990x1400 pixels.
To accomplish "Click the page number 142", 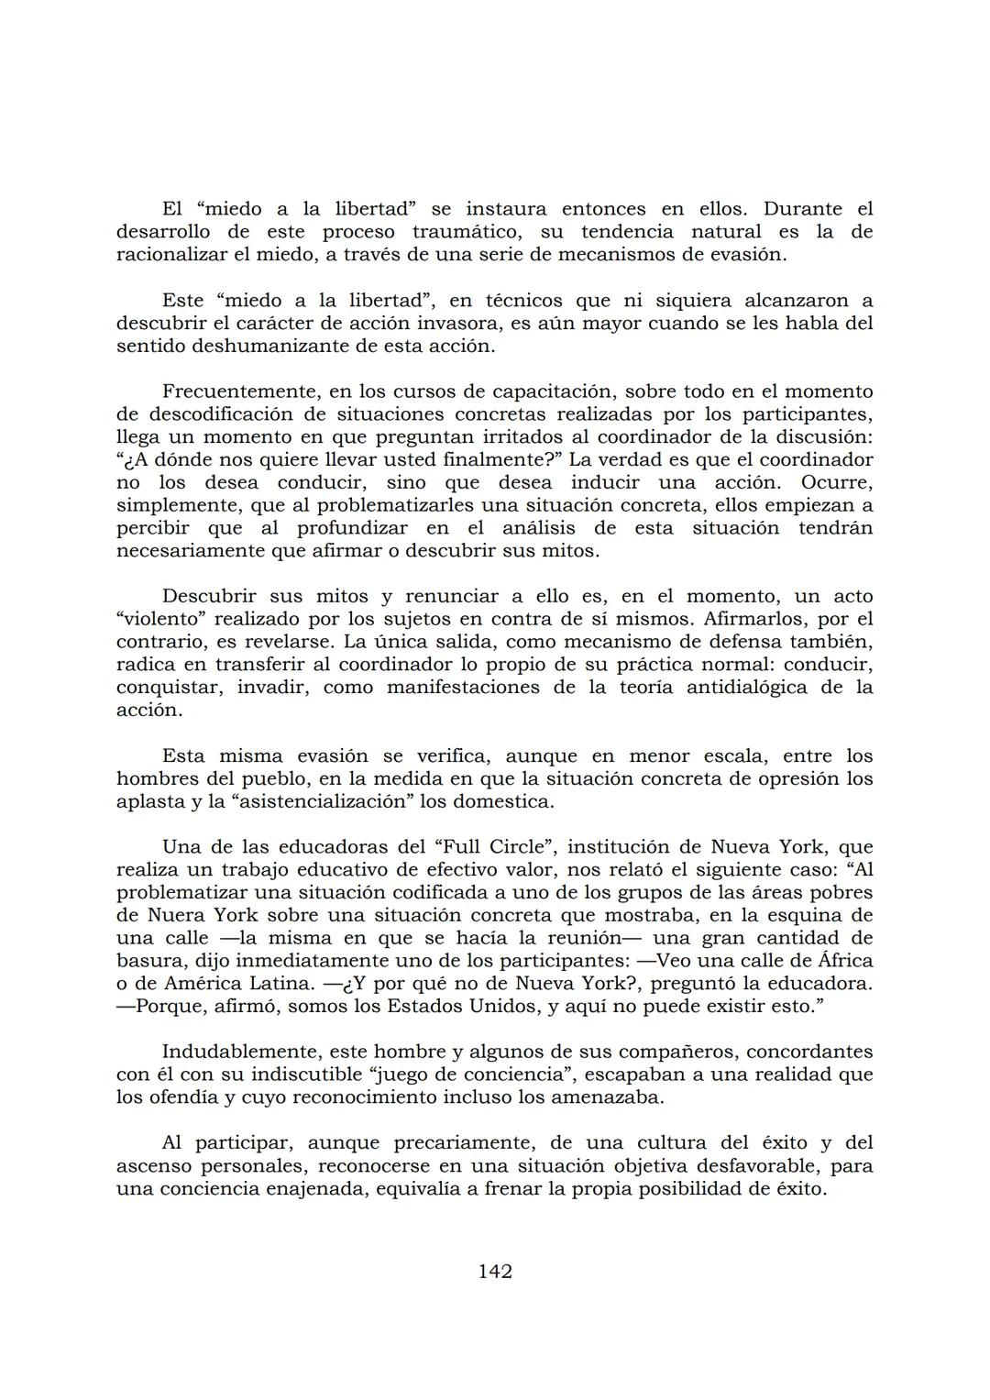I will (x=495, y=1272).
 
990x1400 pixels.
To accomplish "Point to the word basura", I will (x=145, y=961).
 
